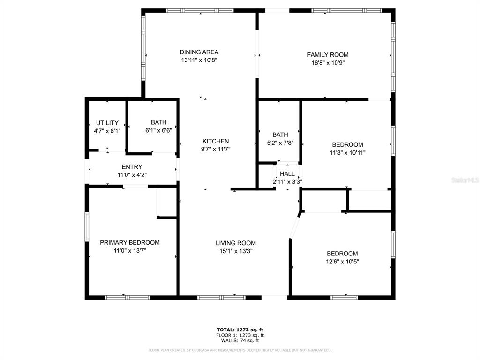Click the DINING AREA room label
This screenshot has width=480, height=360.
(x=199, y=52)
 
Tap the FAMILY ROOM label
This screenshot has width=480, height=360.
(x=328, y=54)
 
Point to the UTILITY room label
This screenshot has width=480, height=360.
(x=107, y=123)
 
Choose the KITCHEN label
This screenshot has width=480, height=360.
(x=216, y=141)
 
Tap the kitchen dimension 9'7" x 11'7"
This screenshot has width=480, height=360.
(x=216, y=149)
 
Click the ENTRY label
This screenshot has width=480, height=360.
(x=132, y=167)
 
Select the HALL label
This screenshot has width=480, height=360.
(x=287, y=174)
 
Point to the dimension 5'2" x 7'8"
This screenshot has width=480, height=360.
(x=280, y=143)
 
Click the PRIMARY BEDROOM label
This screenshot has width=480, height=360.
(x=130, y=242)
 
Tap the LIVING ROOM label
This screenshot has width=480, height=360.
(x=236, y=243)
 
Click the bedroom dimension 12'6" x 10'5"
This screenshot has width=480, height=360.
(x=342, y=262)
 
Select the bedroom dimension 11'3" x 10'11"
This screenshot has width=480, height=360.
(x=347, y=152)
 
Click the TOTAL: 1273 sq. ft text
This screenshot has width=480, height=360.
(x=240, y=330)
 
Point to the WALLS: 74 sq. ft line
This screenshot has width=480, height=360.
(x=240, y=341)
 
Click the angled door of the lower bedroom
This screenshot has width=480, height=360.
(x=294, y=226)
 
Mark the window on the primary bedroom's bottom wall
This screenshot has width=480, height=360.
(x=127, y=297)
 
